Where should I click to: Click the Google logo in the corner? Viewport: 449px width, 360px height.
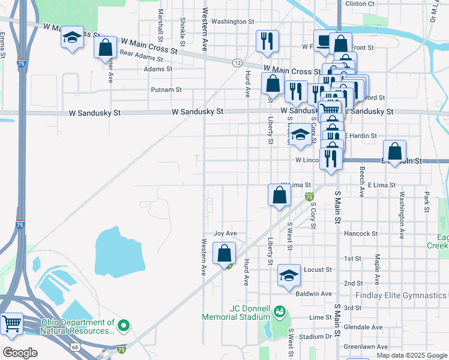20,352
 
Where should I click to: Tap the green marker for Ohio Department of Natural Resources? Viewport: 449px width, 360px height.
124,326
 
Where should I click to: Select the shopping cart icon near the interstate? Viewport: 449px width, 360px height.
11,324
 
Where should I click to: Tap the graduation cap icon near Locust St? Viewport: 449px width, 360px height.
289,275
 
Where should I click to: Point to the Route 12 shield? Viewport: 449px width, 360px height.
238,62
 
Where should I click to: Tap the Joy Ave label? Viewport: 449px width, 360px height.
226,233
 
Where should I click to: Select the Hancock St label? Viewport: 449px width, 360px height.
361,233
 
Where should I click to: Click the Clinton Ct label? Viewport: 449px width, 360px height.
360,4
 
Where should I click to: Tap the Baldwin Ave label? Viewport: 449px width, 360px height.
313,294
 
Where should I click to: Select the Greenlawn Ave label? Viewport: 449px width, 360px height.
363,346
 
